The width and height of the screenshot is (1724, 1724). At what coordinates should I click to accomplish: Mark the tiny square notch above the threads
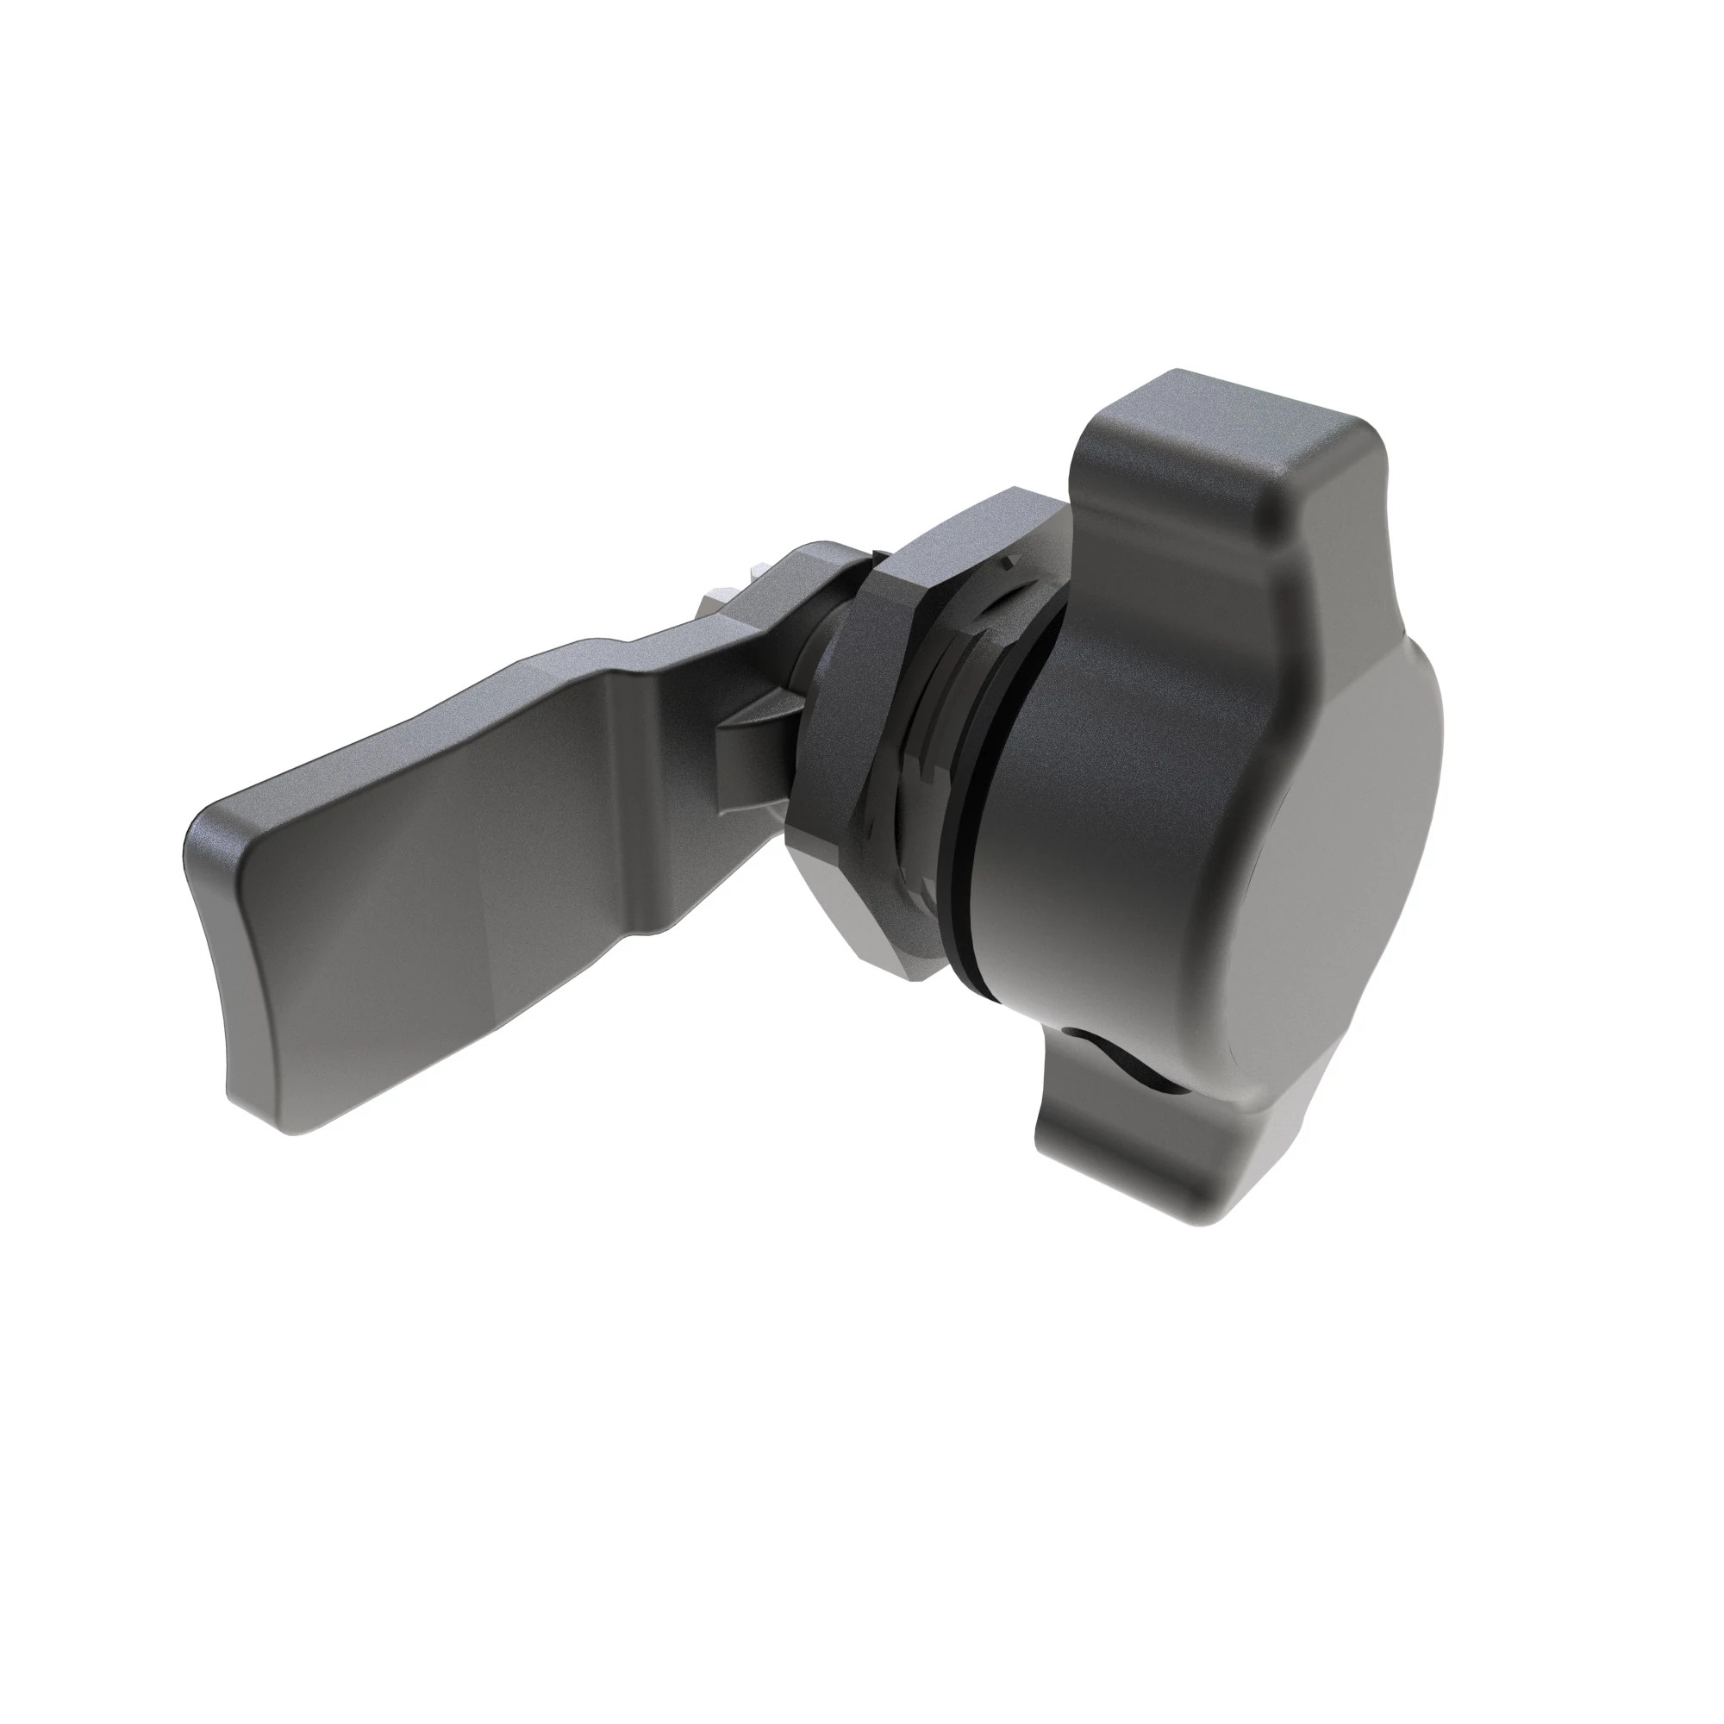coord(1009,562)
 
